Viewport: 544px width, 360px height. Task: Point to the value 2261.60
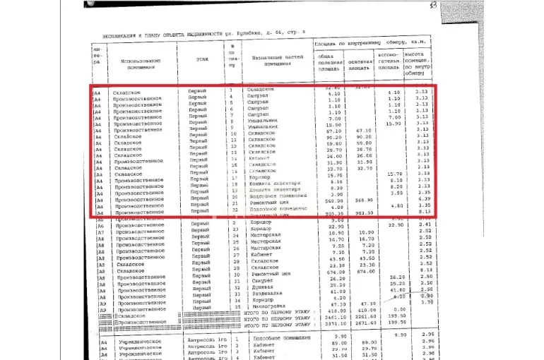click(363, 318)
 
